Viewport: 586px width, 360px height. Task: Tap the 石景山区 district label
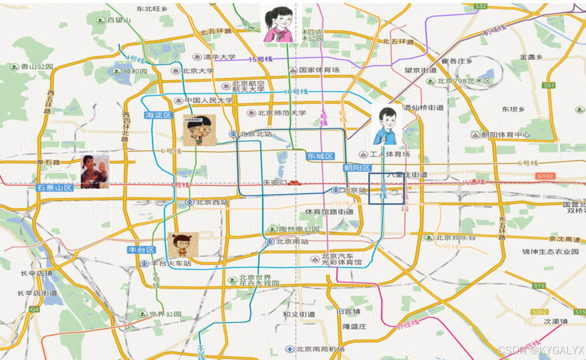point(54,187)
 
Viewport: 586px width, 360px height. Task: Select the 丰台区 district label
point(141,250)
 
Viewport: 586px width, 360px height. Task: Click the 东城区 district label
point(320,156)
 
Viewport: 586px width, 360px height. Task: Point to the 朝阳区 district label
point(357,168)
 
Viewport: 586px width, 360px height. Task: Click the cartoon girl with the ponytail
point(279,24)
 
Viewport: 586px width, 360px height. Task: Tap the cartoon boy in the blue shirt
point(386,126)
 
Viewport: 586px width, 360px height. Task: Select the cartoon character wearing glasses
point(199,130)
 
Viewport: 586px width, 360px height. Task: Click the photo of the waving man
point(95,172)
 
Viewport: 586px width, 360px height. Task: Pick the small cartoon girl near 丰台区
point(183,244)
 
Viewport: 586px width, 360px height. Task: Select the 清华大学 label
point(219,57)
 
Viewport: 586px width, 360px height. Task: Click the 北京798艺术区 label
point(464,81)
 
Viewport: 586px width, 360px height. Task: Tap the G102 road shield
point(544,176)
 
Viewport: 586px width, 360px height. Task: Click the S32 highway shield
point(481,6)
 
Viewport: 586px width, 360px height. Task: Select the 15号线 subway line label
point(260,59)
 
